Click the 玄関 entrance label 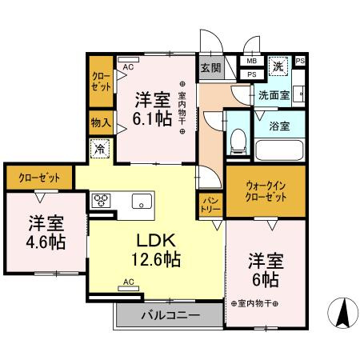point(210,69)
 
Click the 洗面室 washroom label point(274,95)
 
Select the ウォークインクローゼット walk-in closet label point(265,190)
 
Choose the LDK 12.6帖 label point(156,249)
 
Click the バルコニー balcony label point(170,315)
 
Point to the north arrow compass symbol point(342,312)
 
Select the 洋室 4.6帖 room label point(43,231)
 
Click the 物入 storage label point(101,122)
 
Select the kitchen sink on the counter point(142,201)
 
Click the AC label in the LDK point(129,282)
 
